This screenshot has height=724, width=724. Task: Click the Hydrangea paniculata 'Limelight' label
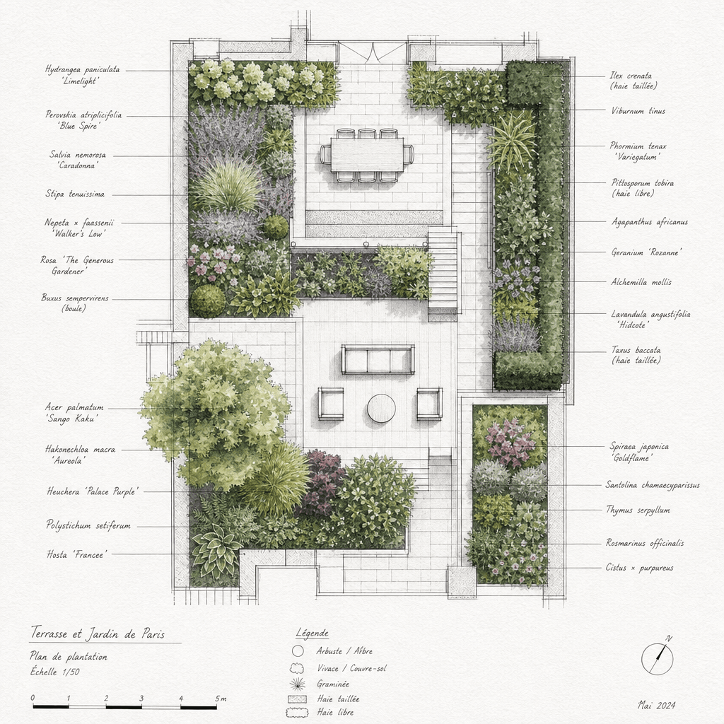tap(82, 75)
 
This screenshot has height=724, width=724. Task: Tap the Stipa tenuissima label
tap(75, 194)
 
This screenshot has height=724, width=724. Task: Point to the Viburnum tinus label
tap(638, 111)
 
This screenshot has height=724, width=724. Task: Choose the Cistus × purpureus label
tap(639, 568)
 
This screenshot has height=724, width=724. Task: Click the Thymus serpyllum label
tap(638, 510)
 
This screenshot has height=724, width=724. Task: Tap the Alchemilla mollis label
tap(641, 281)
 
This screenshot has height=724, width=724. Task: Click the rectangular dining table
tap(367, 154)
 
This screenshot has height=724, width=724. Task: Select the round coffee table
tap(381, 408)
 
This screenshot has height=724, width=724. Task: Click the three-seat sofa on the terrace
tap(378, 359)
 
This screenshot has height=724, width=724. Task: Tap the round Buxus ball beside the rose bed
tap(208, 300)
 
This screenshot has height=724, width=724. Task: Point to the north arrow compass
tap(658, 658)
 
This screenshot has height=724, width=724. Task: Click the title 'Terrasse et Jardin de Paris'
tap(98, 633)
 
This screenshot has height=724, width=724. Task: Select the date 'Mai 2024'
tap(657, 705)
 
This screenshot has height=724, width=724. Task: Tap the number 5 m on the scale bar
tap(221, 699)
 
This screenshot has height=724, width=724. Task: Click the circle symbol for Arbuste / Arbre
tap(298, 651)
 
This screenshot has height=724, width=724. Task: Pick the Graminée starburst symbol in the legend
tap(298, 684)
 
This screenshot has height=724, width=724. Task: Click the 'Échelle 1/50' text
tap(55, 672)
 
